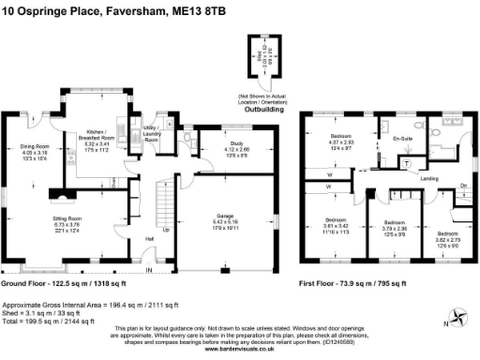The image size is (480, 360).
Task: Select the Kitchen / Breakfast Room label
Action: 99,136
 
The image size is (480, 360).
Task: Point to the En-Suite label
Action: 403,139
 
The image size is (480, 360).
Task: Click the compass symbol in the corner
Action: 456,317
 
